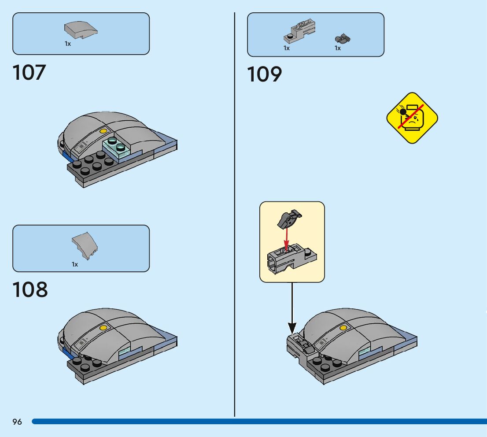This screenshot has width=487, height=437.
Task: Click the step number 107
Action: (29, 73)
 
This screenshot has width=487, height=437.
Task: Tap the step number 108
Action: (30, 290)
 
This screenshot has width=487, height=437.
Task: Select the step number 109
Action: (264, 74)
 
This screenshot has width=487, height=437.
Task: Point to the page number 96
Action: (17, 422)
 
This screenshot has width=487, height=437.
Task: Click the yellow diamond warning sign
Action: (412, 118)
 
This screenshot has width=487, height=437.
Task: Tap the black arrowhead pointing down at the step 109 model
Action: (292, 328)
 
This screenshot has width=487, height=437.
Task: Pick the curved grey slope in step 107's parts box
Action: (81, 30)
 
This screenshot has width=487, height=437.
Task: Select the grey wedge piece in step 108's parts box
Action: (85, 246)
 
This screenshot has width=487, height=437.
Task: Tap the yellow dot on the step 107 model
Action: (103, 131)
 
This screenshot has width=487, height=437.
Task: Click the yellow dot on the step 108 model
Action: (103, 327)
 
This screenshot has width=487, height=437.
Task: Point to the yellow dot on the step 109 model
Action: (343, 328)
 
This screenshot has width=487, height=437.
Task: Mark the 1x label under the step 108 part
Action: (75, 264)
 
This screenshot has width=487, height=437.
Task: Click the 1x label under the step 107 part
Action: (68, 44)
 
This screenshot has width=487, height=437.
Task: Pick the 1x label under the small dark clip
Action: (338, 48)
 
